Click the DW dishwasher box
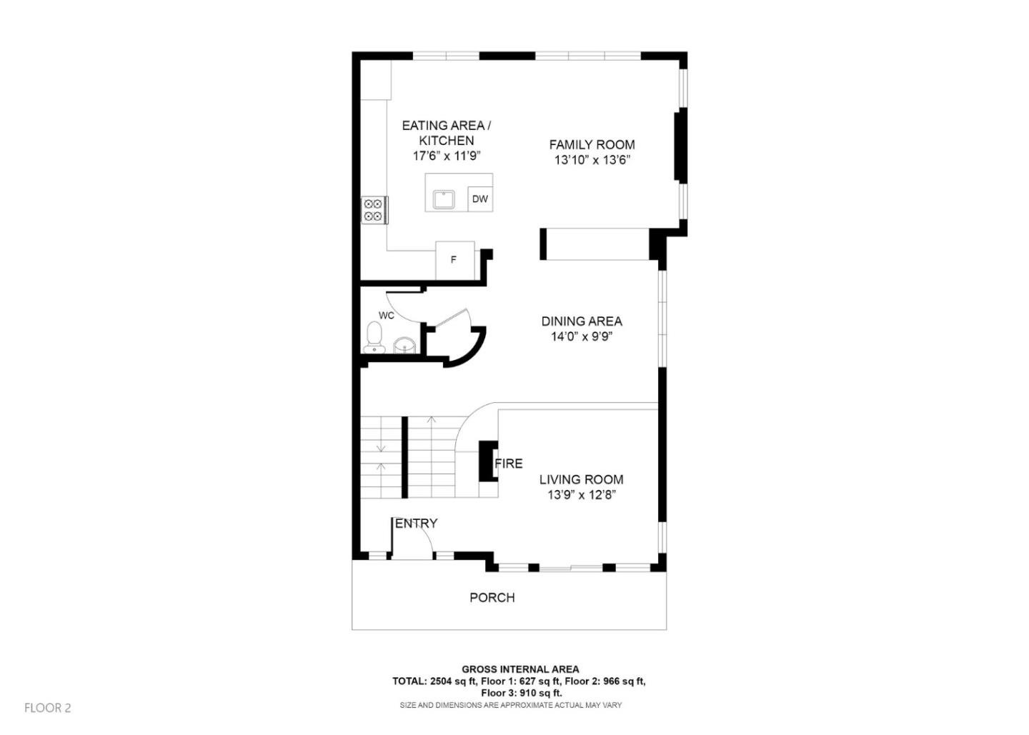coord(480,199)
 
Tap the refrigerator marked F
coord(454,260)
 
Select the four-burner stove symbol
coord(373,210)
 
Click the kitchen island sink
coord(443,199)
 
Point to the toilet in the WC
coord(374,337)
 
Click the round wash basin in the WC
coord(404,346)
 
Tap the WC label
coord(386,315)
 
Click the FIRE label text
coord(509,464)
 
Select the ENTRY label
coord(416,524)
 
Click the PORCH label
coord(492,598)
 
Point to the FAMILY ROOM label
coord(592,144)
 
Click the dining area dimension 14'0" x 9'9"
coord(582,337)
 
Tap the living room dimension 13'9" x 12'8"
coord(582,495)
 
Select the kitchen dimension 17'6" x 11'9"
coord(447,156)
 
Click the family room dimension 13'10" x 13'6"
coord(592,160)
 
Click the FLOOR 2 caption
coord(48,708)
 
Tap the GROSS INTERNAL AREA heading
coord(520,669)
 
